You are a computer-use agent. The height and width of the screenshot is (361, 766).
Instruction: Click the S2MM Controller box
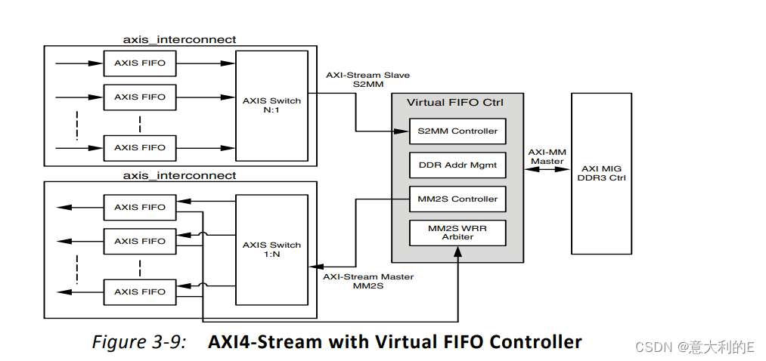(457, 131)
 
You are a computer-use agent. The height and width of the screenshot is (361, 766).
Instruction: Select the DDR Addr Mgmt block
(457, 165)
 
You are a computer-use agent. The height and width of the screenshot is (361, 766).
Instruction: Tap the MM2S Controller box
(457, 199)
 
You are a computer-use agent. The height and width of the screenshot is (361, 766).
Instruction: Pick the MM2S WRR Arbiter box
(457, 233)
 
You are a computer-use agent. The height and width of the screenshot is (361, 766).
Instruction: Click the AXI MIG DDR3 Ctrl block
(601, 173)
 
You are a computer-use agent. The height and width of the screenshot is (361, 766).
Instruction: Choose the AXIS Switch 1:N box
(271, 248)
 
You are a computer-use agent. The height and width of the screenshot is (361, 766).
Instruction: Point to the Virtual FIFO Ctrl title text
(454, 103)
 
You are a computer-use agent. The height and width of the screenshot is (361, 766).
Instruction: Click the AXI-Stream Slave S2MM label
(358, 80)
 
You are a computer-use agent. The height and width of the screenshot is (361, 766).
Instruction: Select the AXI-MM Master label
(546, 156)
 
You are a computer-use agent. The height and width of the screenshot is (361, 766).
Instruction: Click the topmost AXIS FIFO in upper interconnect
(140, 63)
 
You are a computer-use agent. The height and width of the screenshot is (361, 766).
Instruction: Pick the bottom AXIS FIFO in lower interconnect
(140, 292)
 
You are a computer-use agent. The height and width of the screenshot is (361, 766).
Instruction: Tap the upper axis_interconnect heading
(180, 39)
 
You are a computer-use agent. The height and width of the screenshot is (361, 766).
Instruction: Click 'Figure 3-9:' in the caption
(139, 342)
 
